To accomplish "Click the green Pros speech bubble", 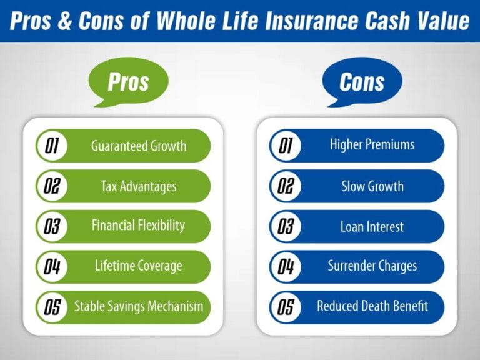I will point(129,81).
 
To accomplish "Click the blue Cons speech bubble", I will point(362,81).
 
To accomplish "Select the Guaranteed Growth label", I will point(139,146).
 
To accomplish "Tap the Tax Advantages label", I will point(139,186).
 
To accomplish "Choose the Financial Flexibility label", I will point(138,226).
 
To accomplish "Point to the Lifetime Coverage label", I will point(138,266).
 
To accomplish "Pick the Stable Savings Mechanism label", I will point(139,306).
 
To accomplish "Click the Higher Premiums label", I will point(372,145).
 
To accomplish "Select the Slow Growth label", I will point(372,186).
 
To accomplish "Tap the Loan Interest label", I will point(372,226).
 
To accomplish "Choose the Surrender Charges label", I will point(372,266).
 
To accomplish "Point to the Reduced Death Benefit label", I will point(372,306).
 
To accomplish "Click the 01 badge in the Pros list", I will point(51,146).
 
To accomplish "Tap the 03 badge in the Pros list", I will point(51,226).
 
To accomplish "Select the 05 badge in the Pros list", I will point(51,307).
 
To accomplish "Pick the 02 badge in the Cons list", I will point(285,186).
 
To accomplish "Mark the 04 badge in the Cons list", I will point(285,266).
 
